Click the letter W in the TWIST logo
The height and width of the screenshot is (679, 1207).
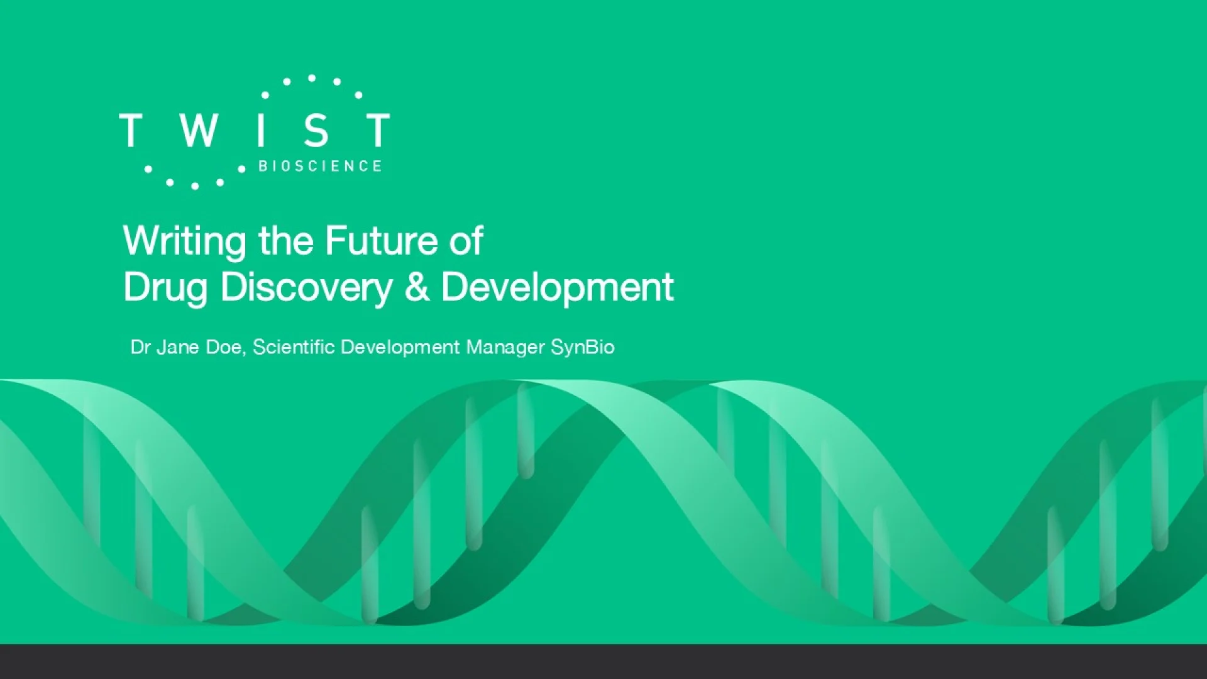pos(199,130)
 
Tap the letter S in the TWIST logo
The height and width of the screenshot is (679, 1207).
pos(316,130)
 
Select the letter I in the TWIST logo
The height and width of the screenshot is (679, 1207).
pos(261,130)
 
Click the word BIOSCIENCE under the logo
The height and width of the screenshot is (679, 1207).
pos(320,166)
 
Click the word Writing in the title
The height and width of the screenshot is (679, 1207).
pos(185,242)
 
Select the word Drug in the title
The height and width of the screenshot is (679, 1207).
pos(165,289)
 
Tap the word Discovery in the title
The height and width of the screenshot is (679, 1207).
pos(307,289)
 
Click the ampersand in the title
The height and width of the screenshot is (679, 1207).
pos(417,287)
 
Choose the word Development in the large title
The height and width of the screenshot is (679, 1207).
pos(558,289)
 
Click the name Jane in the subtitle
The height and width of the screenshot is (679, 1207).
pos(178,347)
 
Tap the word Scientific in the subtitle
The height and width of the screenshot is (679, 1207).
pos(294,347)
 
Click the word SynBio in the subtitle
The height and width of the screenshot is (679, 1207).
pos(583,348)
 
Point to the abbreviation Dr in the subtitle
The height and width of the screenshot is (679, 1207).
pos(140,347)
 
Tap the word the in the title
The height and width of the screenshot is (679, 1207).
pos(286,240)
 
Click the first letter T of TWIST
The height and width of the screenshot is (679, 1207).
pos(130,130)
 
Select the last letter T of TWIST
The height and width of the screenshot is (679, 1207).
pos(378,130)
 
